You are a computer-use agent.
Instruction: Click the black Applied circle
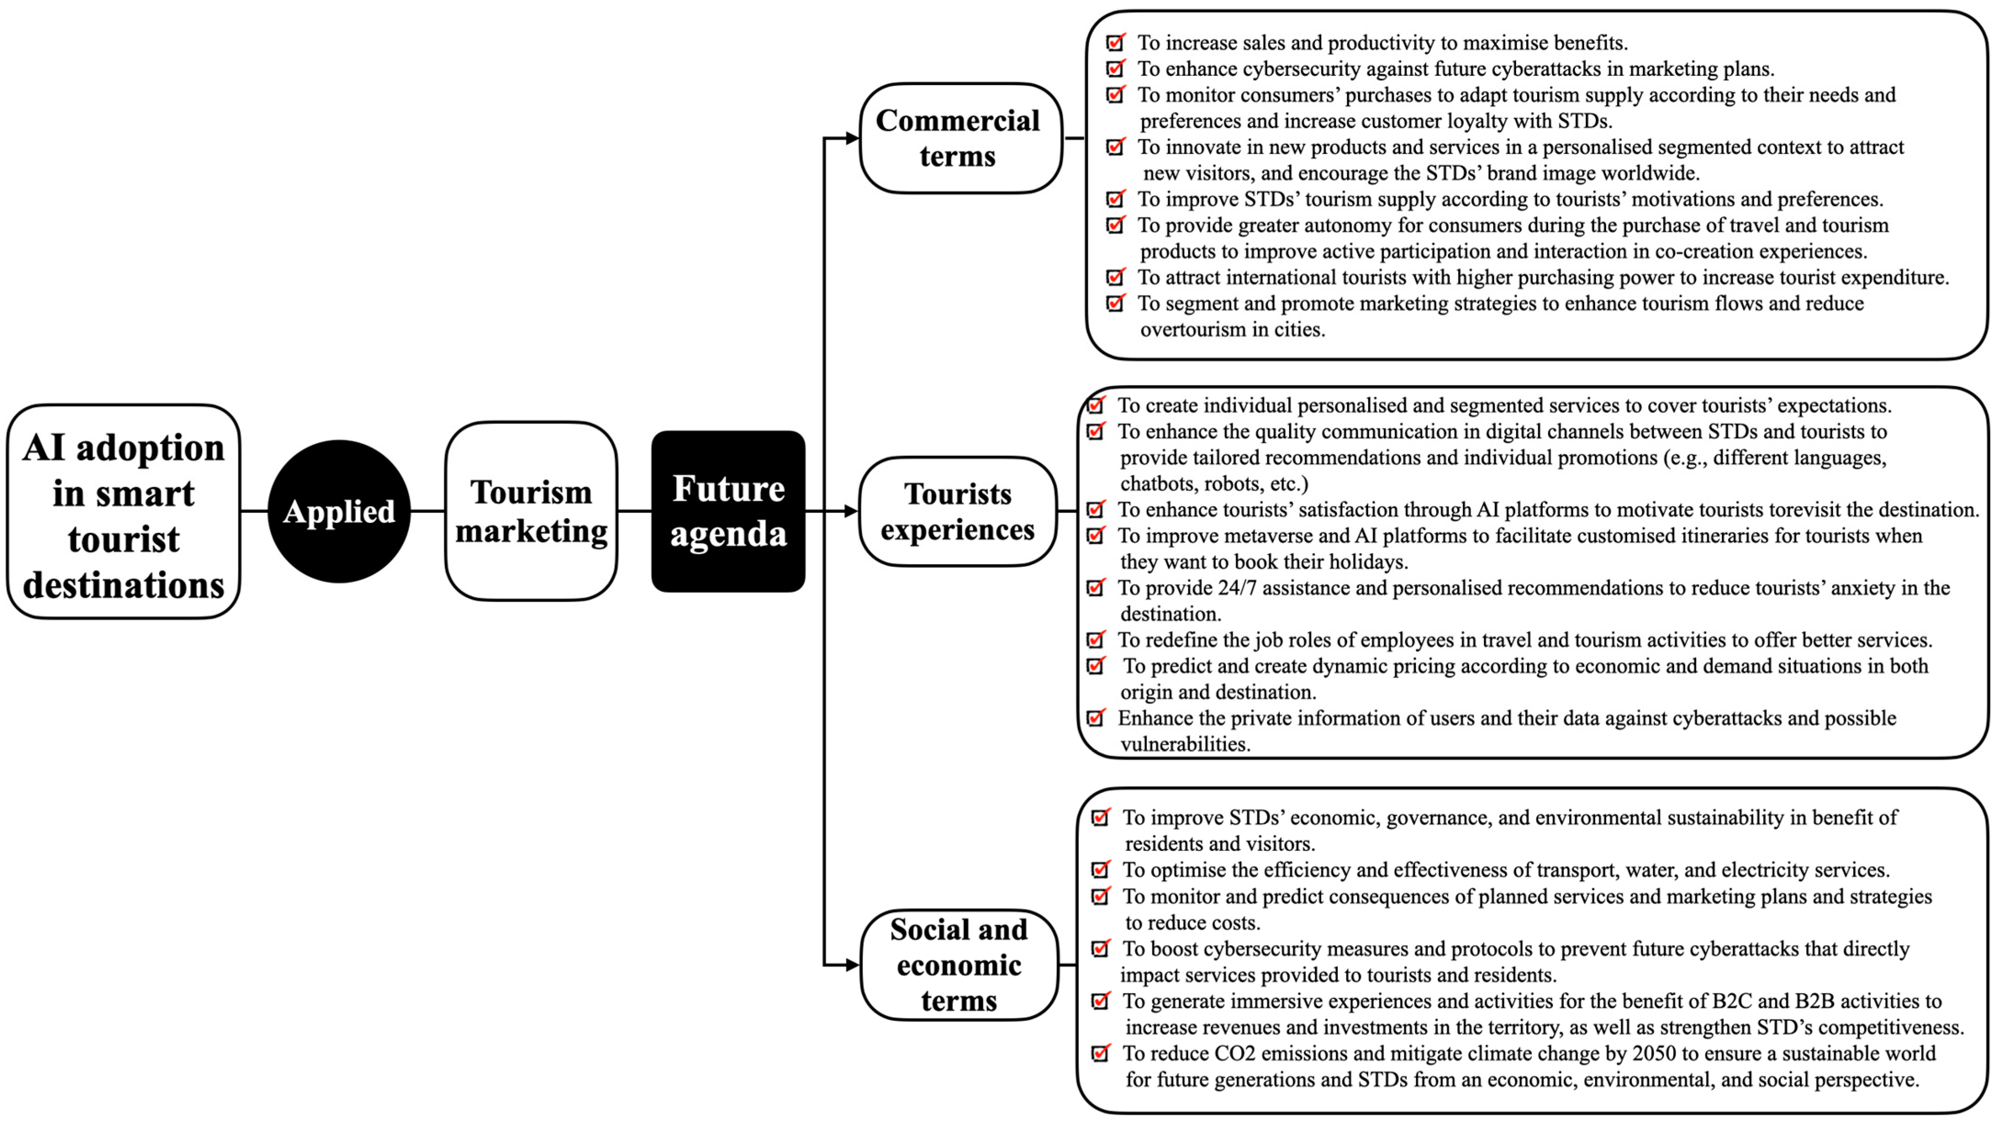338,511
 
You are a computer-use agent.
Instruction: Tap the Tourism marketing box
531,511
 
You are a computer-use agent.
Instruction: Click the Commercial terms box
959,138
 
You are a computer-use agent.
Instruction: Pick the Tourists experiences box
958,511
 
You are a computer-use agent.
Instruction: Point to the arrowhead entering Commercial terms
851,138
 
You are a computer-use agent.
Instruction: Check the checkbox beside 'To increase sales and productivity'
1115,43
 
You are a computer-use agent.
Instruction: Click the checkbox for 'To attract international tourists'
1115,277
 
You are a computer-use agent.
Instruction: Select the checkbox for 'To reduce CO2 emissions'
1100,1053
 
